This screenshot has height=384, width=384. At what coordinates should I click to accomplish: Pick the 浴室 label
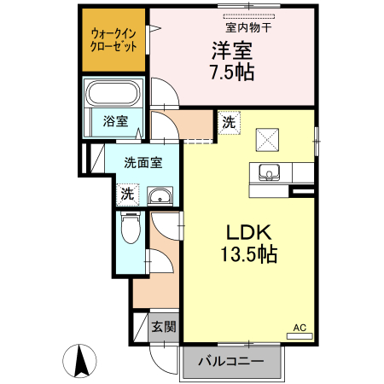point(116,121)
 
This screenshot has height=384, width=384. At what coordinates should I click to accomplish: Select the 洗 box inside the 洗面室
point(127,194)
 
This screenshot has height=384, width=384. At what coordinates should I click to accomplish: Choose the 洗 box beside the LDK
point(228,122)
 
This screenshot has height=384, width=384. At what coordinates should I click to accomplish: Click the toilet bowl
point(131,228)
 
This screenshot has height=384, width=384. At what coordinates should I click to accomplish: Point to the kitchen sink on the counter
point(270,172)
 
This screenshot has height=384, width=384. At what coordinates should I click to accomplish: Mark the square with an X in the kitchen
point(270,137)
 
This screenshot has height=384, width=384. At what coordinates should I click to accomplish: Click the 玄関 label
point(164,326)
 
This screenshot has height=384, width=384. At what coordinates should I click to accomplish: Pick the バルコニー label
point(230,361)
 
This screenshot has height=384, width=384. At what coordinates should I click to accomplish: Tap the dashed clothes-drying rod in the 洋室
point(250,17)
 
